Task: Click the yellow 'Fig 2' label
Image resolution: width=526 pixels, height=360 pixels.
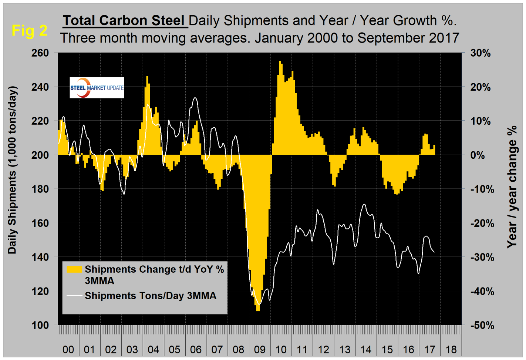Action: [x=29, y=30]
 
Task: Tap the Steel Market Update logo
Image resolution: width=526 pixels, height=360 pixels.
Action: [x=97, y=88]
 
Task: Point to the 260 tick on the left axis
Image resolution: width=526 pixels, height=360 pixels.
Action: [x=41, y=53]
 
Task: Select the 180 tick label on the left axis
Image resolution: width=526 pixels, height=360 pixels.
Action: [x=41, y=189]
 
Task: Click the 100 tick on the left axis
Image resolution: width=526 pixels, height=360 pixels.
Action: [x=41, y=325]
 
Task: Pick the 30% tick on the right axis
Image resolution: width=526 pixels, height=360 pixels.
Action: [x=481, y=53]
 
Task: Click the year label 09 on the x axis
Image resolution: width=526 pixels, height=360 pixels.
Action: [x=260, y=350]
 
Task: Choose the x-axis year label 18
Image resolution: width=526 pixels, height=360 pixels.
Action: [x=451, y=350]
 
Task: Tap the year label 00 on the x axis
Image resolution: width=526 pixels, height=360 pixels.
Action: [x=68, y=350]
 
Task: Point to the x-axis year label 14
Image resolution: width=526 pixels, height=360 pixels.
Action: [x=366, y=350]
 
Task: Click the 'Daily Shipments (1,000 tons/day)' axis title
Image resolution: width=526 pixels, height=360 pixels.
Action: [x=13, y=170]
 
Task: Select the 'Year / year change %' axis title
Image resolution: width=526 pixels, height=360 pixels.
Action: [x=512, y=187]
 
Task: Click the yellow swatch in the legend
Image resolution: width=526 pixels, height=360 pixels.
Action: [x=74, y=269]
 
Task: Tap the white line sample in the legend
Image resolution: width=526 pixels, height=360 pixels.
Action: [x=74, y=296]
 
